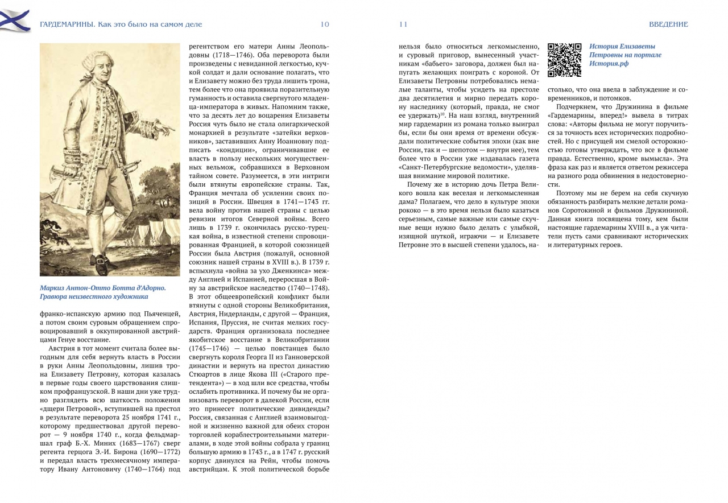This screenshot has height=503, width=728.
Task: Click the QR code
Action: (564, 60)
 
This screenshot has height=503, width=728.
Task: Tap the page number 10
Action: (325, 24)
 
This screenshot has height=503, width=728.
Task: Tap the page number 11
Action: (403, 24)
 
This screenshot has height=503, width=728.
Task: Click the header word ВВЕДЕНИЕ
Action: (668, 24)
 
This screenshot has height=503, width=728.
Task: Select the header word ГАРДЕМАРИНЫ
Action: (67, 24)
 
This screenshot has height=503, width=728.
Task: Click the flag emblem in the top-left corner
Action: (15, 20)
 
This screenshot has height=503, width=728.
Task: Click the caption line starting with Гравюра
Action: (94, 297)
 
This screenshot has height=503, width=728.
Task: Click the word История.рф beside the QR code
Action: (609, 64)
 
